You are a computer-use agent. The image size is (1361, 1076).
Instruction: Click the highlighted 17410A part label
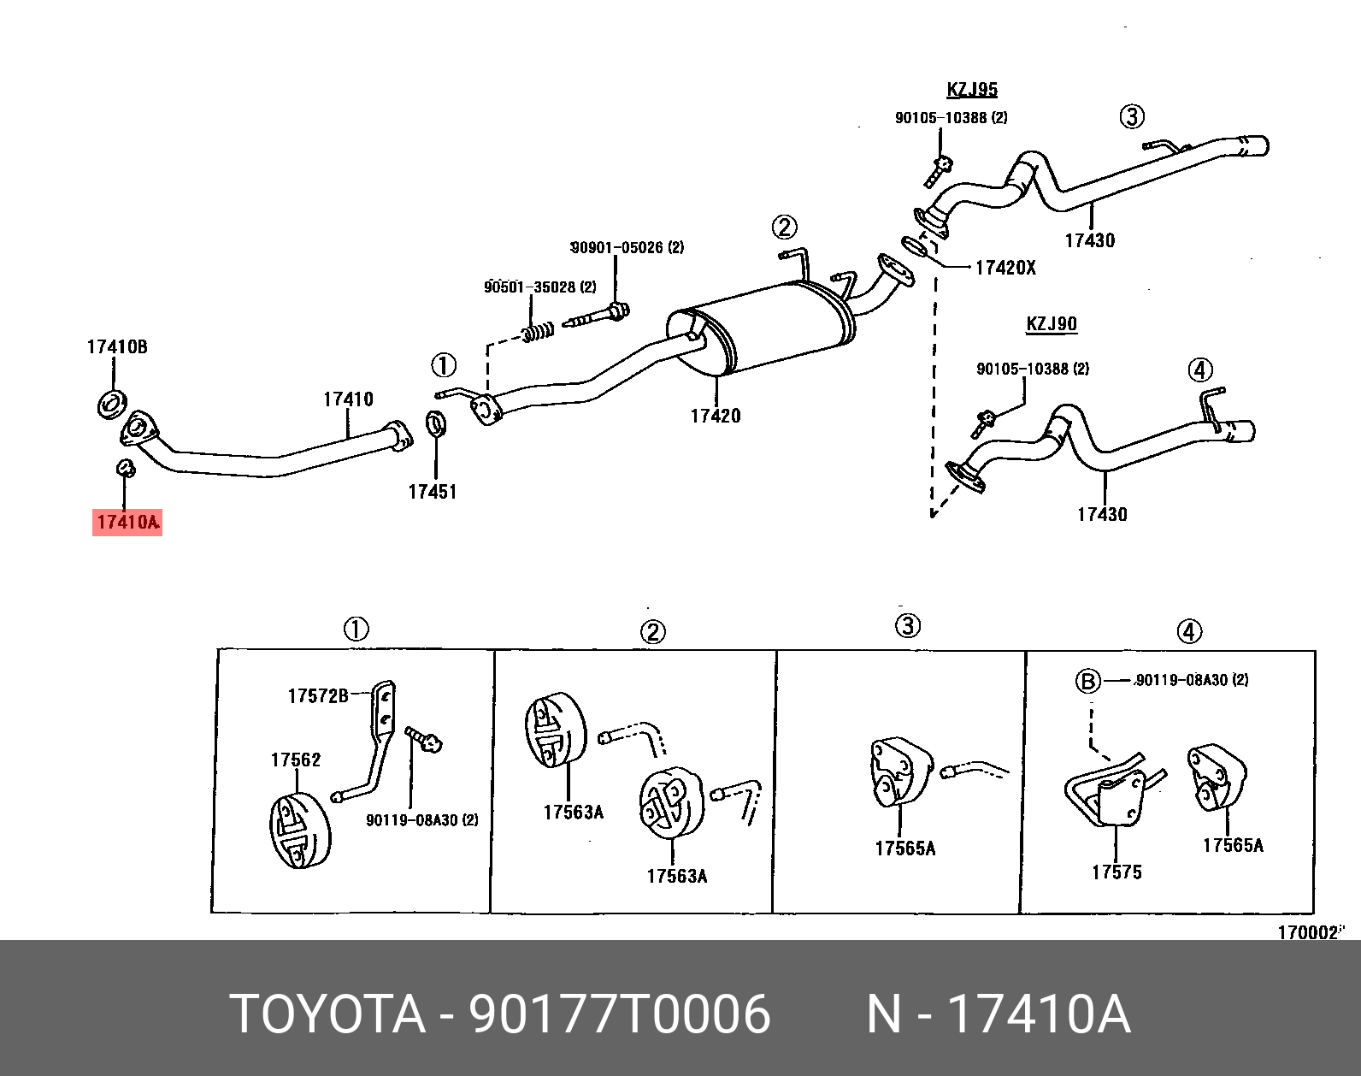[127, 522]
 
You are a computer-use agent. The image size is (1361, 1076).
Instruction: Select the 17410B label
[117, 346]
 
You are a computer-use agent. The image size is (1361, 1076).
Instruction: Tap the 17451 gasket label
[433, 492]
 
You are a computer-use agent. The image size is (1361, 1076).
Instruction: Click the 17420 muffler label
[716, 417]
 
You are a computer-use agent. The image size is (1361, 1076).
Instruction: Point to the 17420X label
[1005, 268]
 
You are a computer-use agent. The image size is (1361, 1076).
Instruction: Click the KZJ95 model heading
[972, 90]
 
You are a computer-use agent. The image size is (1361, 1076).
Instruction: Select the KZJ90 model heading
[1052, 324]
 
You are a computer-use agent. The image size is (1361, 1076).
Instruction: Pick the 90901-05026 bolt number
[627, 248]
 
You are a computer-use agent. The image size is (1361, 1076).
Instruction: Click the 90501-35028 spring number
[540, 287]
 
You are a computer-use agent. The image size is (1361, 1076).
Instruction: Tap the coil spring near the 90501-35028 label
[538, 331]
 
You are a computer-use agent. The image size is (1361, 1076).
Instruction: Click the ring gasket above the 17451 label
[435, 422]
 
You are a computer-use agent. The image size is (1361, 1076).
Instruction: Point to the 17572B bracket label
[318, 696]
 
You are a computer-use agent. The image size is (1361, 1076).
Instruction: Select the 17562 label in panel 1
[296, 760]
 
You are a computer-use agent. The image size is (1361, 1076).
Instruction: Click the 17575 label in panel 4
[1116, 872]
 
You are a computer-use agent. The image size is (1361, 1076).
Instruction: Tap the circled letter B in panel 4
[1087, 681]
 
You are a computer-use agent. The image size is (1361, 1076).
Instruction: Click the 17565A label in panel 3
[905, 848]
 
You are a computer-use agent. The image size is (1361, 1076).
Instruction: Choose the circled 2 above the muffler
[784, 227]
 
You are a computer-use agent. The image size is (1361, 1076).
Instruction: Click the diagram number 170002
[1307, 932]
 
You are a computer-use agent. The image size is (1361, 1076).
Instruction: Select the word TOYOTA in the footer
[327, 1014]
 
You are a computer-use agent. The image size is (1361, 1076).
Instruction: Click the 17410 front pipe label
[348, 399]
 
